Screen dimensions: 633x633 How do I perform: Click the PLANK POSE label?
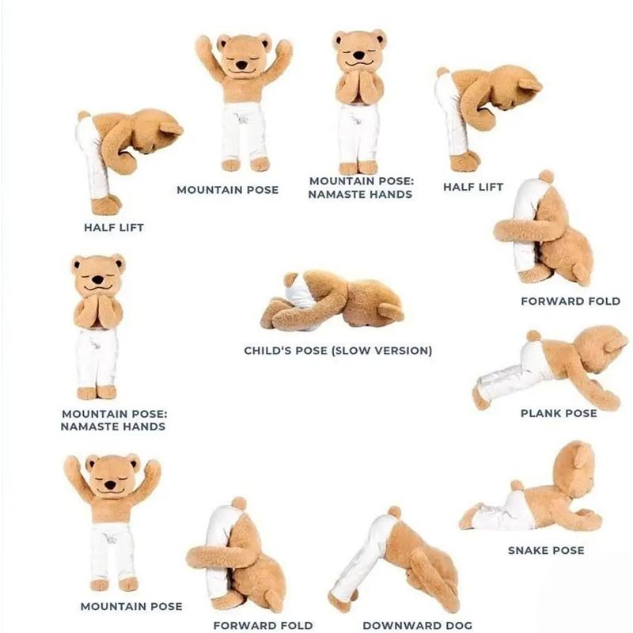coord(558,413)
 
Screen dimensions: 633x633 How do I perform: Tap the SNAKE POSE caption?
coord(546,550)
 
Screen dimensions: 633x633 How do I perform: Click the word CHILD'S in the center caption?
coord(271,351)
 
